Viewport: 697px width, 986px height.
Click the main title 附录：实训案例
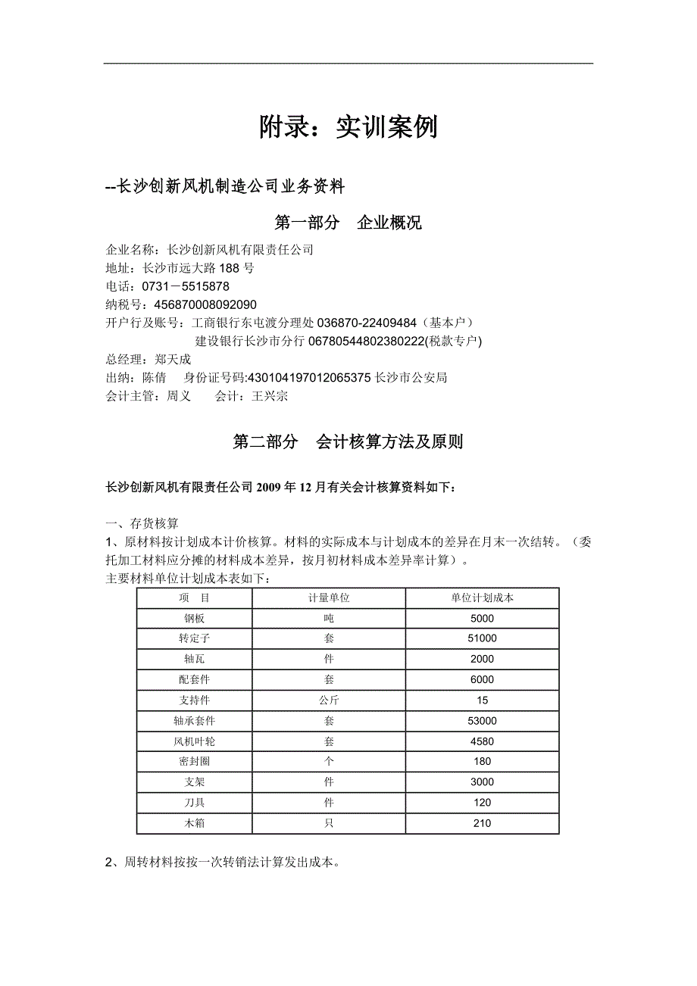348,127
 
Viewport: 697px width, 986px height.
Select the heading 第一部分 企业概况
348,223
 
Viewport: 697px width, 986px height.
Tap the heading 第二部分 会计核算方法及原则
348,442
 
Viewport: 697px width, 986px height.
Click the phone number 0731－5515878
186,286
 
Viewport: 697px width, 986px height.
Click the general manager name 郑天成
173,360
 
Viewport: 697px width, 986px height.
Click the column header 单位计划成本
482,598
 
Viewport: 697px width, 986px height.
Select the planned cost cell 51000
482,639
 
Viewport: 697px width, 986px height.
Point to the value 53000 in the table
482,721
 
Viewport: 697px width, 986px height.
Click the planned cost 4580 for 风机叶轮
482,741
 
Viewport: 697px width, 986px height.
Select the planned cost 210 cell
482,823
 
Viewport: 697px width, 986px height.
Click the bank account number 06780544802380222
366,342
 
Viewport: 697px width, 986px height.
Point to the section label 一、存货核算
142,523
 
